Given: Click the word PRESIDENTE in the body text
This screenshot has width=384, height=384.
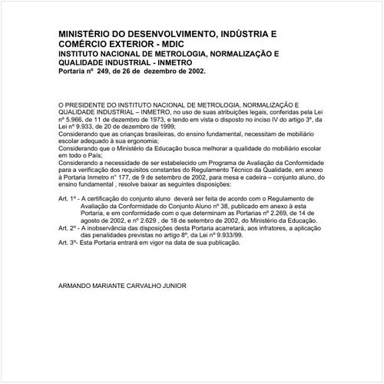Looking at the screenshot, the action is click(85, 103).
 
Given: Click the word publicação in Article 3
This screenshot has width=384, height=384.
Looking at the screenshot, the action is click(223, 242).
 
